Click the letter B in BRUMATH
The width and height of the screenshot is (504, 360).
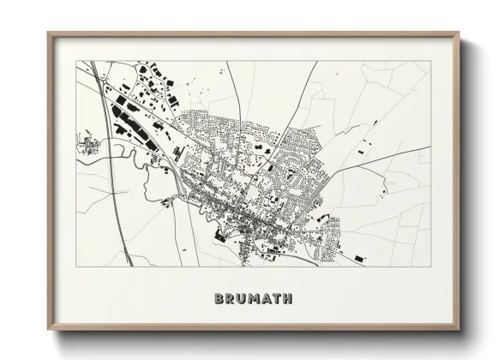[217, 299]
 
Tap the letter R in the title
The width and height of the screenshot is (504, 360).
[229, 299]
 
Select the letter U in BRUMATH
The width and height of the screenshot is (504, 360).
[241, 299]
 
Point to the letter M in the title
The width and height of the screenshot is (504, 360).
[254, 299]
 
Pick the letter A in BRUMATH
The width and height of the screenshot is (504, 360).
[267, 299]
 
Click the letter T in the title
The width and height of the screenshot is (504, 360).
[278, 299]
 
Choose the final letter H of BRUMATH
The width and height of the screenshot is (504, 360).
[289, 299]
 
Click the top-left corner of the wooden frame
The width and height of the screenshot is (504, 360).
[48, 33]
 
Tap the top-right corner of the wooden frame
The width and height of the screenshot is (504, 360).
[459, 33]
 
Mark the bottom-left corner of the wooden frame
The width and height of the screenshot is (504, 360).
[48, 331]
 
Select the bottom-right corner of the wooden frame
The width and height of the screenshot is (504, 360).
[459, 331]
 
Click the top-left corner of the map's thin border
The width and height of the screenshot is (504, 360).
[77, 61]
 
